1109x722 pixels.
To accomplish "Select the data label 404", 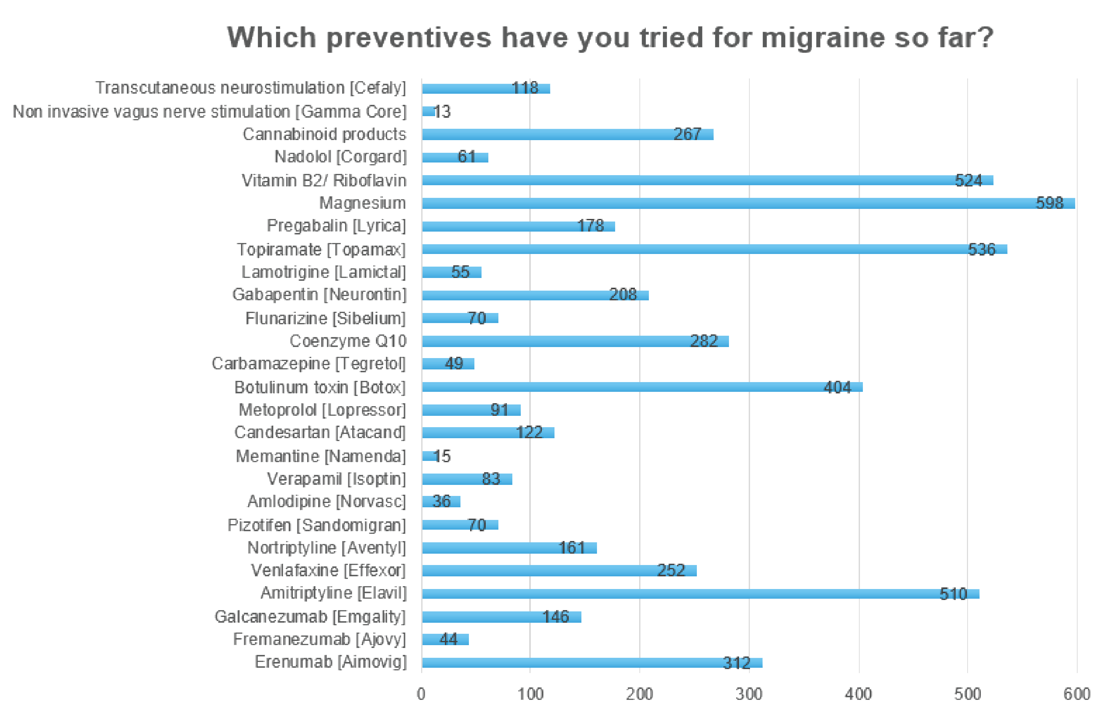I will pyautogui.click(x=837, y=387).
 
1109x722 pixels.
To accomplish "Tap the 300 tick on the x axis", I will pyautogui.click(x=749, y=694).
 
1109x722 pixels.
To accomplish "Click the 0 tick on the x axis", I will pyautogui.click(x=421, y=694).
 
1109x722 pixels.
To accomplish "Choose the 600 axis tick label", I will pyautogui.click(x=1076, y=694).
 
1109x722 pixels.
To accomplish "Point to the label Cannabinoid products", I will pyautogui.click(x=324, y=134).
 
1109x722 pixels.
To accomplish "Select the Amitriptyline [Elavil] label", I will pyautogui.click(x=333, y=593).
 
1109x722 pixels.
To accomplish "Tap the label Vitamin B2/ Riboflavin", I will pyautogui.click(x=324, y=180).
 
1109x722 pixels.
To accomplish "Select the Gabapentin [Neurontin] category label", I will pyautogui.click(x=319, y=295).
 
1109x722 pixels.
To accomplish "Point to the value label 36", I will pyautogui.click(x=441, y=501).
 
